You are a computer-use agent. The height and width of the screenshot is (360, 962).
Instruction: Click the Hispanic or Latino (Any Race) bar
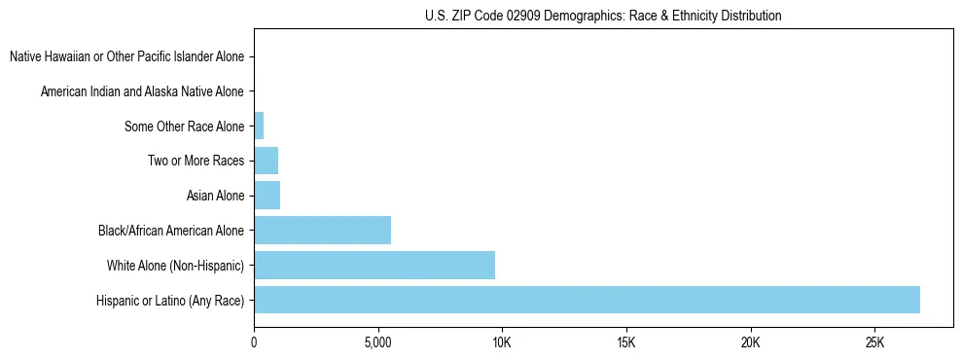click(x=587, y=300)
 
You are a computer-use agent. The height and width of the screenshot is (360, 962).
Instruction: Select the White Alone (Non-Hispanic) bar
click(x=374, y=265)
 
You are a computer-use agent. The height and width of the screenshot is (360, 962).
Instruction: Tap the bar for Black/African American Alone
click(x=322, y=231)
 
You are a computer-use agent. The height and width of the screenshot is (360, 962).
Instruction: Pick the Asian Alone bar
click(x=267, y=196)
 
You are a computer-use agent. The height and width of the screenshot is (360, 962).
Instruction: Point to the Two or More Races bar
click(x=266, y=161)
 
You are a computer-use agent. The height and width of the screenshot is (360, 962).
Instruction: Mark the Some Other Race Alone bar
click(x=259, y=126)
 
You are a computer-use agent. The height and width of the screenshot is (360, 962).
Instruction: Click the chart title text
click(x=603, y=16)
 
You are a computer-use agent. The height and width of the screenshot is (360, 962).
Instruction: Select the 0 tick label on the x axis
click(x=254, y=342)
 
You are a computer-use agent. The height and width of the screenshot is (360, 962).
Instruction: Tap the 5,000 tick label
click(x=377, y=342)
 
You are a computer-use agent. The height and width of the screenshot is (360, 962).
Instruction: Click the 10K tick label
click(x=502, y=342)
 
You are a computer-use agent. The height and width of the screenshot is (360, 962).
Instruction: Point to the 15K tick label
click(x=625, y=342)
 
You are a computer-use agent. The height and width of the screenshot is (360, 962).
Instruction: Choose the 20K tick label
click(x=750, y=342)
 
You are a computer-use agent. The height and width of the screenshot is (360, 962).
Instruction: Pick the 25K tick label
click(x=873, y=342)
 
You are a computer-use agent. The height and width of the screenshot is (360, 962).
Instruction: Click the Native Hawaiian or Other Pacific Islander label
click(x=126, y=56)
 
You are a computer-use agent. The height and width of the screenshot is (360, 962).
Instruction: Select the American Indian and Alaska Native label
click(x=142, y=91)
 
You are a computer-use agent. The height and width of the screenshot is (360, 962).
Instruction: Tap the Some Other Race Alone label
click(x=184, y=126)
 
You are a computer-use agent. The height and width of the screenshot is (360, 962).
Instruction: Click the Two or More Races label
click(x=196, y=161)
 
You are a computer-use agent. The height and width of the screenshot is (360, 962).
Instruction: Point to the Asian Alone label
click(x=215, y=196)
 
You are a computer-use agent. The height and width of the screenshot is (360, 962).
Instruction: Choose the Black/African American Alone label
click(x=171, y=231)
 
